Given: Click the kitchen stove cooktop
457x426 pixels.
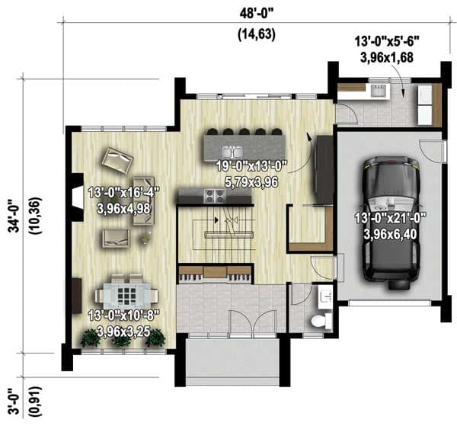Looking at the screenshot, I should coord(213,195).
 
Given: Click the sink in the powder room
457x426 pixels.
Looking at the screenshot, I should coord(325,294).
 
